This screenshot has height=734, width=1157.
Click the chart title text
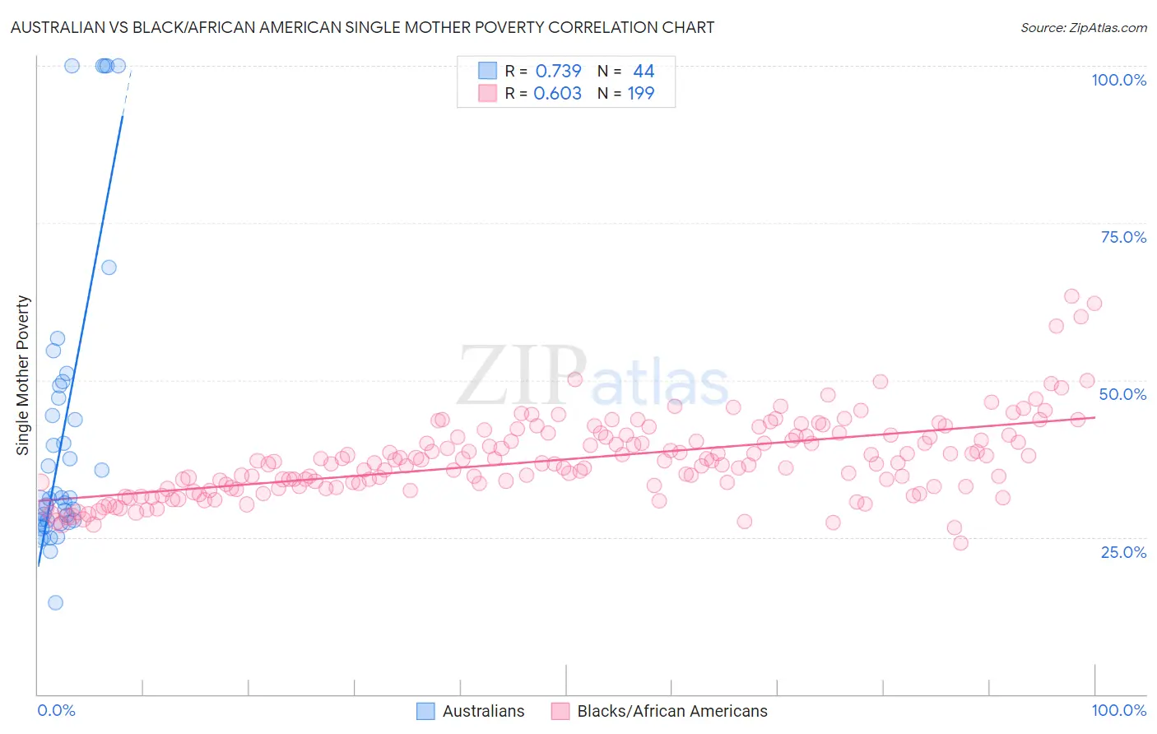(x=362, y=27)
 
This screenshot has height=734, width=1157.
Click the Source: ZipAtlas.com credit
(x=1083, y=27)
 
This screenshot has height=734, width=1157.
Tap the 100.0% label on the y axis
(x=1118, y=80)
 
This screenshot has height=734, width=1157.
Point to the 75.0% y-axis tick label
(x=1123, y=237)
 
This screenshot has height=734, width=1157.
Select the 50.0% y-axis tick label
(x=1122, y=394)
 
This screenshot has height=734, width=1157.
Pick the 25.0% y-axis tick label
(x=1123, y=552)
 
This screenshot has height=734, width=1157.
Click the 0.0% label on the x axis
(x=56, y=710)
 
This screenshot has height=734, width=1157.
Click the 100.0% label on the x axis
(x=1118, y=710)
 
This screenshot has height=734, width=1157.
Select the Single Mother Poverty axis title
(x=23, y=375)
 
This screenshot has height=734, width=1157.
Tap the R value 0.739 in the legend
(x=558, y=72)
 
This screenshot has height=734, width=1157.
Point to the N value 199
(x=641, y=94)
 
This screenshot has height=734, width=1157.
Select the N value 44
(x=644, y=72)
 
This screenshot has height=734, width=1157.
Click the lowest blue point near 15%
(x=55, y=602)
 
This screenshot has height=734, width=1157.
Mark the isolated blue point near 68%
(x=109, y=267)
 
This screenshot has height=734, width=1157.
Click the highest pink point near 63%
(x=1071, y=296)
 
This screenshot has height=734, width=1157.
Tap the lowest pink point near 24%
(x=960, y=543)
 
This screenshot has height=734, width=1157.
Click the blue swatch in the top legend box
(x=488, y=71)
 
